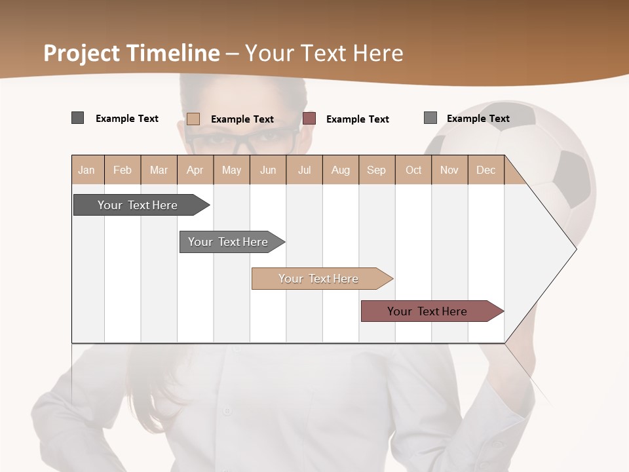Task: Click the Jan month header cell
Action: point(87,170)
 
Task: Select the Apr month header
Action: point(195,170)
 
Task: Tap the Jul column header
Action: point(304,170)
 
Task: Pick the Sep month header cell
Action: point(377,170)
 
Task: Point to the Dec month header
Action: point(486,170)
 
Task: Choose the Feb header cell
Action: point(123,170)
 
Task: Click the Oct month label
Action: point(413,170)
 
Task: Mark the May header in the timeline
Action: point(231,170)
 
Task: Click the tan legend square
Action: point(193,119)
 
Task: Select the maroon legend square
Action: point(309,118)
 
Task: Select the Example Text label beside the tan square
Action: point(242,119)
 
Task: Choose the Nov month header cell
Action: point(449,170)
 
